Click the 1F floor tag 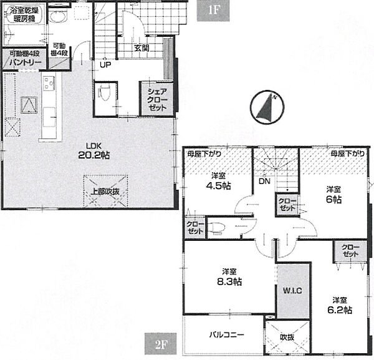click(213, 11)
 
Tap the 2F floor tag click(161, 344)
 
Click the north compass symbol click(267, 107)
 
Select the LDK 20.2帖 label click(93, 151)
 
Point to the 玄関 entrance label click(141, 48)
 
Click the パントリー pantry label click(26, 62)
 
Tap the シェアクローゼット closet click(157, 99)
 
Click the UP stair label click(105, 65)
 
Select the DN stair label click(264, 182)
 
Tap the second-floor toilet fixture click(216, 227)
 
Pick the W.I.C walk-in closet click(293, 291)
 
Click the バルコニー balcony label click(227, 334)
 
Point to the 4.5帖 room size click(218, 185)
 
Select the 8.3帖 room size click(229, 281)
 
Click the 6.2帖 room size click(340, 310)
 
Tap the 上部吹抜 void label click(105, 191)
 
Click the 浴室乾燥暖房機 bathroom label click(24, 14)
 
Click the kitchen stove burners click(49, 83)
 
